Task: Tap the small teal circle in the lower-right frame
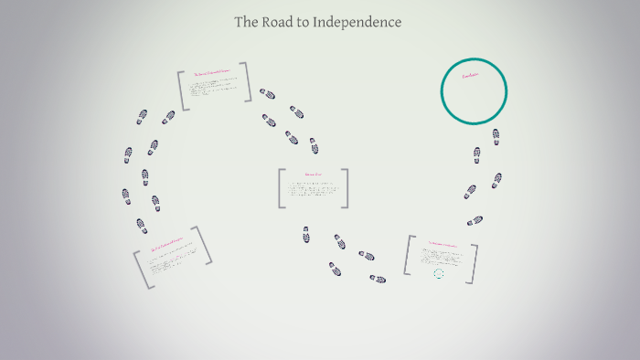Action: (x=439, y=273)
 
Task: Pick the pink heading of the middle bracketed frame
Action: (x=314, y=174)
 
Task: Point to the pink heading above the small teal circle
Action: (x=440, y=244)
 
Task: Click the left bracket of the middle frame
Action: (x=282, y=188)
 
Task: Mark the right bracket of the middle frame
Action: (x=345, y=188)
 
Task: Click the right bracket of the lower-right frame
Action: (x=474, y=263)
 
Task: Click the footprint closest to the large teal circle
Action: (x=496, y=136)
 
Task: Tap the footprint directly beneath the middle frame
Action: (x=306, y=235)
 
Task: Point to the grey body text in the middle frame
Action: (x=312, y=189)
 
